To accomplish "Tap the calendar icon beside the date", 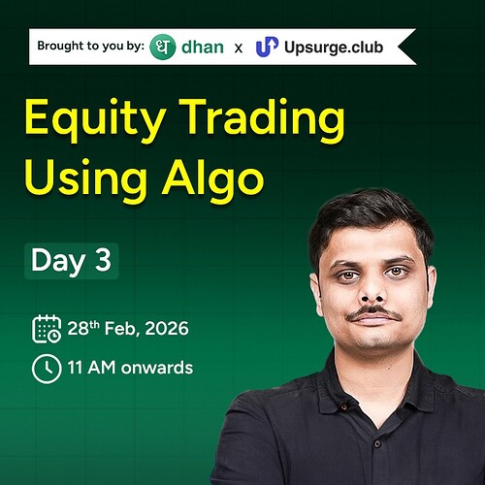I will click(x=47, y=329).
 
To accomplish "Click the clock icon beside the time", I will click(x=47, y=368).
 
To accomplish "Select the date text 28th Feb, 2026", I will click(x=128, y=329).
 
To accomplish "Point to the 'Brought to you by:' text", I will click(x=89, y=47).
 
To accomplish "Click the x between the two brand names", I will click(x=238, y=47).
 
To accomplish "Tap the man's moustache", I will click(x=373, y=313).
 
